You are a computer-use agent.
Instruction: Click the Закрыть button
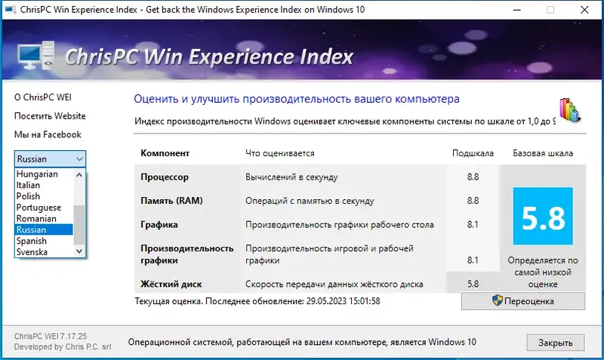[x=555, y=343]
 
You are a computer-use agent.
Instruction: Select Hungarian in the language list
[x=37, y=174]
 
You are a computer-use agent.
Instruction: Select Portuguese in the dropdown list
[x=39, y=208]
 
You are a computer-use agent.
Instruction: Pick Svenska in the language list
[x=32, y=251]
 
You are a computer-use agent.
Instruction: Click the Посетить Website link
[x=50, y=116]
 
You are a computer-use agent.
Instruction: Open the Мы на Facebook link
[x=48, y=134]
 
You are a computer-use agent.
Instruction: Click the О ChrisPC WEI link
[x=43, y=97]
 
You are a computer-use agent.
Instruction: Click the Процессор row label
[x=165, y=177]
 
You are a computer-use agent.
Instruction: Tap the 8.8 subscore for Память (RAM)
[x=473, y=201]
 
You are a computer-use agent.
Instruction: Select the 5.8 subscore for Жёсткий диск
[x=473, y=284]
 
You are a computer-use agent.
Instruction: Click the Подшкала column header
[x=473, y=153]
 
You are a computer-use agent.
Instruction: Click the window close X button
[x=585, y=11]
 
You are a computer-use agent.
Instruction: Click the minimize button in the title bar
[x=516, y=11]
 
